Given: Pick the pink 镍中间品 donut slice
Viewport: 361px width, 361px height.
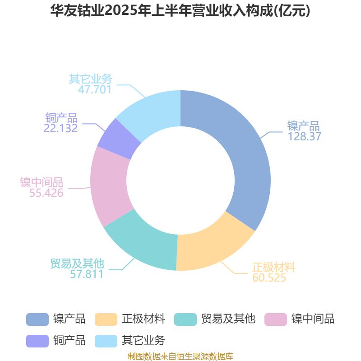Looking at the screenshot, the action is click(109, 184).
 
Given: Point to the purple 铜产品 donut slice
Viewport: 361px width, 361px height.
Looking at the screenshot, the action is click(119, 139).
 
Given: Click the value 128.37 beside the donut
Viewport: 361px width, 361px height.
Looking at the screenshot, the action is click(304, 136).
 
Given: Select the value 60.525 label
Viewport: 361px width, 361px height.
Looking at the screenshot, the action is click(269, 278).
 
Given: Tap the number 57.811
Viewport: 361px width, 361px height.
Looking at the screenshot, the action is click(87, 274).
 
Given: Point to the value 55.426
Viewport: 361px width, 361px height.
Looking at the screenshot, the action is click(46, 193).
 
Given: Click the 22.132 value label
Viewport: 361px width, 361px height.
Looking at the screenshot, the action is click(60, 128).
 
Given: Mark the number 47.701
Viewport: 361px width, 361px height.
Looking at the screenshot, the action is click(95, 89).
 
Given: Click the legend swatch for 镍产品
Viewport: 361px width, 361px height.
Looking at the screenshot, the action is click(37, 319).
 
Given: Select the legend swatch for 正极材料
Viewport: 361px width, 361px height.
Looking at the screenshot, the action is click(106, 319).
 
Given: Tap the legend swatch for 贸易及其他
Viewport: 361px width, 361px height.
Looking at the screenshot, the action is click(185, 319).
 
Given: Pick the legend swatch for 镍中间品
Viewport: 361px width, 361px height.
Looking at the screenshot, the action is click(276, 319).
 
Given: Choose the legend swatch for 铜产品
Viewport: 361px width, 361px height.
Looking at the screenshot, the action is click(37, 341).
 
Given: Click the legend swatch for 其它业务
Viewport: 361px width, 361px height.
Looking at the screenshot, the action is click(106, 341).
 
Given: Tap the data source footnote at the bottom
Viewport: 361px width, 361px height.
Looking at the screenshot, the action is click(180, 356).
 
